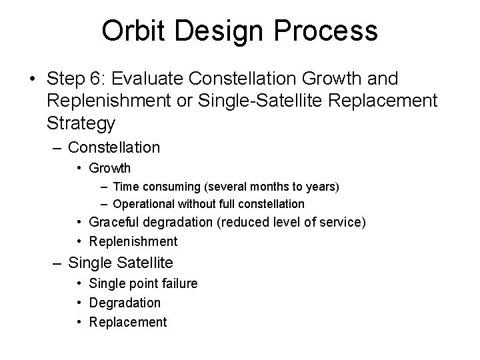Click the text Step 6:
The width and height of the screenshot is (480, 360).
[x=72, y=79]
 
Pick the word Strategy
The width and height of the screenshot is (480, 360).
[x=81, y=123]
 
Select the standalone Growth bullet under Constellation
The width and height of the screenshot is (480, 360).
[x=111, y=168]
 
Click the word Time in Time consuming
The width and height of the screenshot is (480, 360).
[x=127, y=185]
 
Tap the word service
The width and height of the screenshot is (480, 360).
[x=341, y=222]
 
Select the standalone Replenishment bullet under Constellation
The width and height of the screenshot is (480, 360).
[x=134, y=241]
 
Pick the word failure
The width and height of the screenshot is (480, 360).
[x=179, y=283]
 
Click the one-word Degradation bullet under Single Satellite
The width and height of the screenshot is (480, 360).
[x=125, y=303]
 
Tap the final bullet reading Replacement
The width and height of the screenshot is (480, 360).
[x=129, y=322]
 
